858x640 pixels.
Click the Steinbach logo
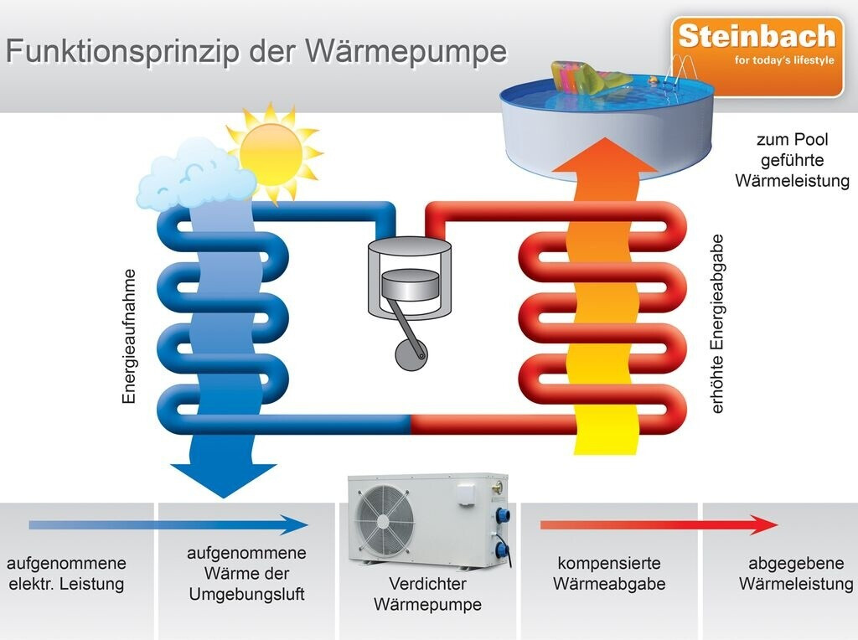click(757, 37)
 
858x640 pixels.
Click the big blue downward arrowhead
click(223, 480)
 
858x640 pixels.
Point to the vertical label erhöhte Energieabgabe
click(717, 323)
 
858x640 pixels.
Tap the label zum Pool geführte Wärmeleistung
click(792, 160)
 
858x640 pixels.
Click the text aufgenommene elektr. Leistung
click(66, 573)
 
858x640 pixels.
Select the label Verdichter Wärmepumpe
click(427, 593)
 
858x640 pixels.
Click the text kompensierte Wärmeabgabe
click(609, 573)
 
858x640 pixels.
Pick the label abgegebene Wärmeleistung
click(795, 573)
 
